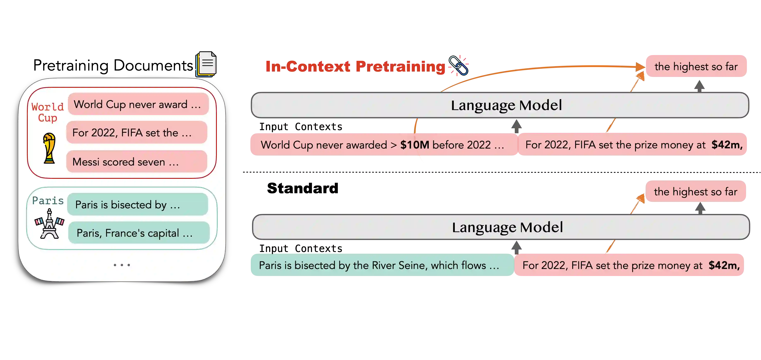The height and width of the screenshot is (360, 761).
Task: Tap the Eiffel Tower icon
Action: point(49,224)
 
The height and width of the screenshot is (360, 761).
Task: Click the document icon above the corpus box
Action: point(206,64)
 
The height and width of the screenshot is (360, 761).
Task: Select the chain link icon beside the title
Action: point(458,65)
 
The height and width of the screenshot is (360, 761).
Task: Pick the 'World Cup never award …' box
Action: point(138,104)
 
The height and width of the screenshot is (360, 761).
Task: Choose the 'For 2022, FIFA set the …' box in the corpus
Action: point(137,133)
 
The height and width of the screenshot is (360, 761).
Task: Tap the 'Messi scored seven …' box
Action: point(137,162)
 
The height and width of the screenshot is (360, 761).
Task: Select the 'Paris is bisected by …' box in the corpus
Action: point(138,204)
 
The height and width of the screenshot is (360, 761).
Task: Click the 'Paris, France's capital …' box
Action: point(139,233)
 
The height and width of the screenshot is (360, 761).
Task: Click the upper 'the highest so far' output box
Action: point(696,66)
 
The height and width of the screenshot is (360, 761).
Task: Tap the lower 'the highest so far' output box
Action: point(696,192)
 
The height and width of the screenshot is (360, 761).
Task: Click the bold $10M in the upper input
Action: point(414,145)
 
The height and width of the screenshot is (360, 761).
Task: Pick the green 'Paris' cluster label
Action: point(48,200)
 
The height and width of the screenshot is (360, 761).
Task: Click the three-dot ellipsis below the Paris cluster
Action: point(122,265)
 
